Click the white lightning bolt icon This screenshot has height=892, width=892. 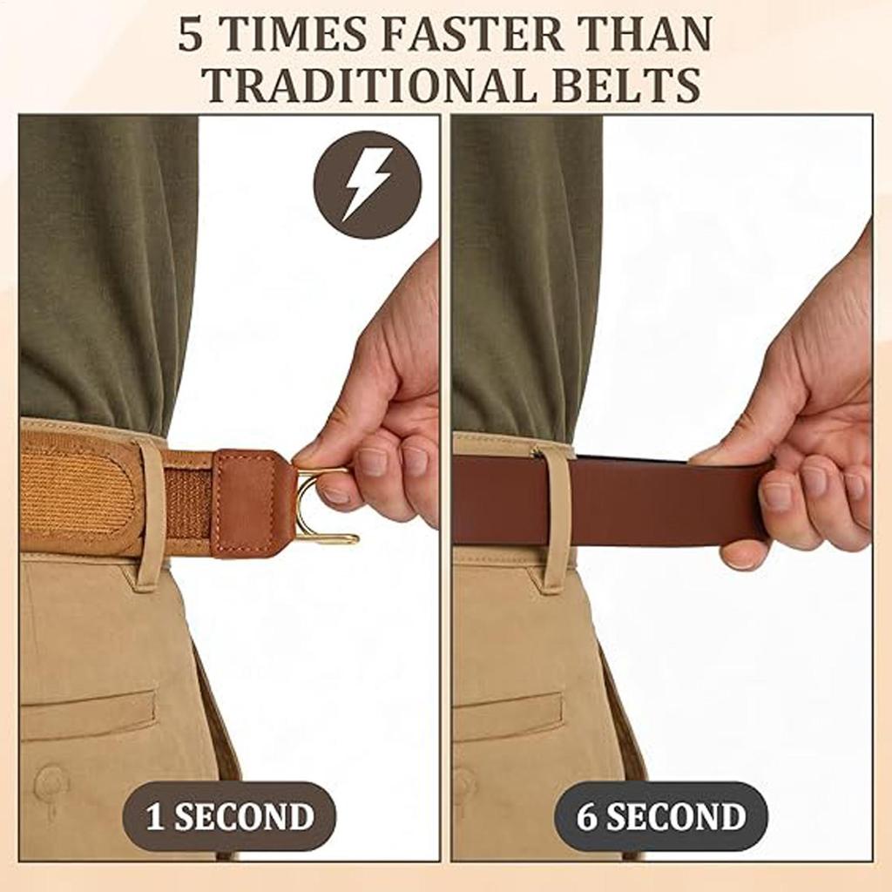[x=367, y=185]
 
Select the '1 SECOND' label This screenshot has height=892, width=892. [x=230, y=816]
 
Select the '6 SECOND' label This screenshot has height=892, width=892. [x=661, y=816]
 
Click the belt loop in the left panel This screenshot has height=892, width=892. [x=150, y=513]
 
